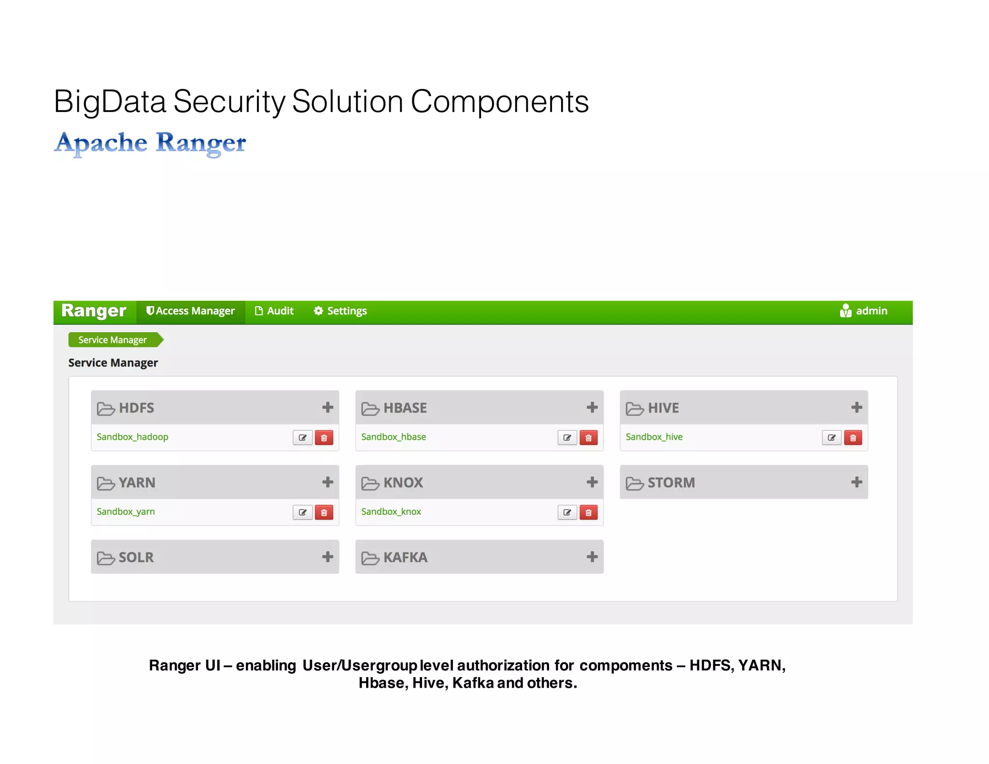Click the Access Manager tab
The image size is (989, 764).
[x=191, y=311]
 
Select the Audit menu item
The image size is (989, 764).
[x=274, y=311]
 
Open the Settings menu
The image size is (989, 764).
[x=340, y=311]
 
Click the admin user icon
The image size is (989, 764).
[x=845, y=311]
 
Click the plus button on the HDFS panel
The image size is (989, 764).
[x=327, y=408]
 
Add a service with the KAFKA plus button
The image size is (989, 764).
[x=592, y=557]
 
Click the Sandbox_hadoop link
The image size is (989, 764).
[x=132, y=437]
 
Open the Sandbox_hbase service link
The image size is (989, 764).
[x=394, y=437]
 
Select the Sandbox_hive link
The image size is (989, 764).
[x=654, y=437]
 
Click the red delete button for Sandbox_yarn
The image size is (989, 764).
[x=324, y=512]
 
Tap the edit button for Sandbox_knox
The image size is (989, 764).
[x=567, y=512]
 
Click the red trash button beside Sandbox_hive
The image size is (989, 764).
[x=853, y=438]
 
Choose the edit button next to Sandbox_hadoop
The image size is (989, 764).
[x=303, y=438]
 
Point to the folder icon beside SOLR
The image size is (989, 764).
[x=105, y=558]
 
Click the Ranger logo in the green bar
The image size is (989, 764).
[x=94, y=311]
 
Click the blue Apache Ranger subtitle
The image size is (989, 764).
[x=150, y=143]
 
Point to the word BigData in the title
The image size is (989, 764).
[x=110, y=102]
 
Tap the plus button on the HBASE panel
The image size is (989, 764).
[x=592, y=408]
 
